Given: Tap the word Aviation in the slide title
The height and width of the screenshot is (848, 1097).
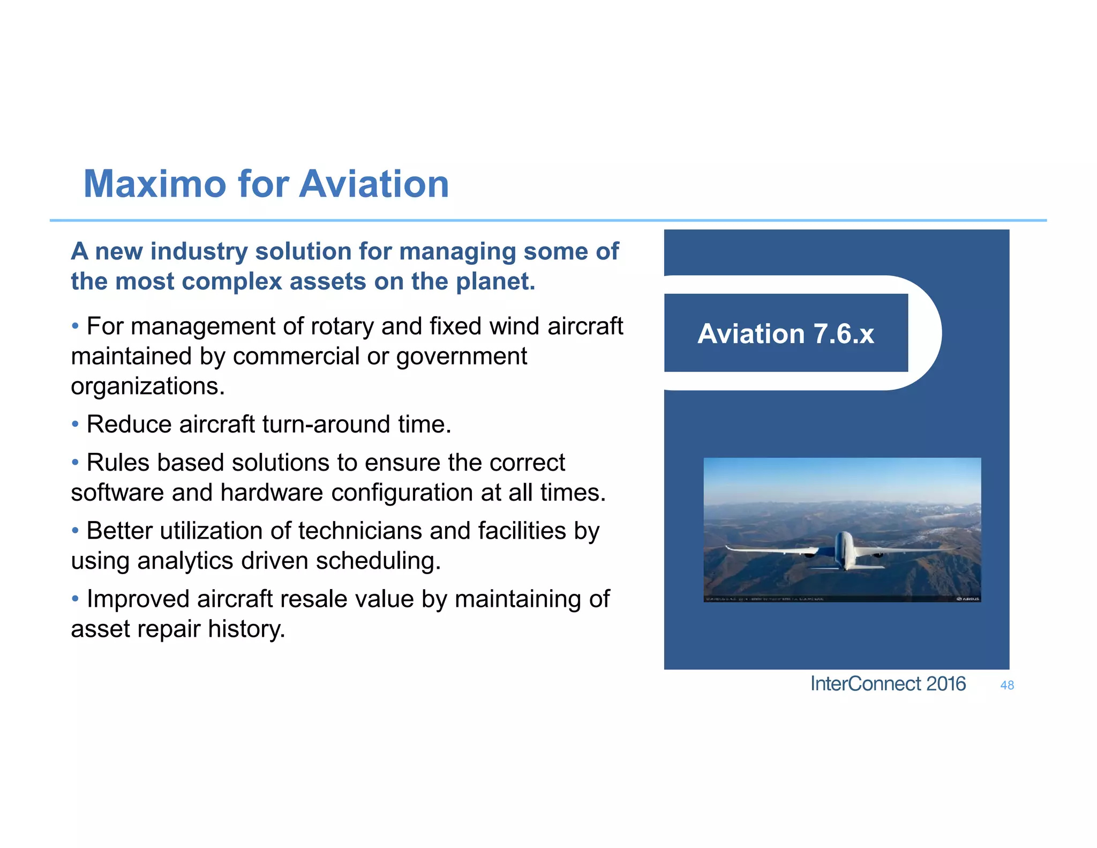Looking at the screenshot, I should (x=373, y=184).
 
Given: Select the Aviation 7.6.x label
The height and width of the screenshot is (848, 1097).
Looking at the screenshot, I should (x=785, y=333).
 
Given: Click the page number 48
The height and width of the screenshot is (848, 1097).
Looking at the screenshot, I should (x=1007, y=685).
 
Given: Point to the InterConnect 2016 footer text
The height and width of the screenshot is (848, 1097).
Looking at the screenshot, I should (x=888, y=684).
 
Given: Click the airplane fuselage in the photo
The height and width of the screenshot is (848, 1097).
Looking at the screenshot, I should (x=844, y=549).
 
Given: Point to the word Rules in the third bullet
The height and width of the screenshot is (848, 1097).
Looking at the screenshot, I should (x=117, y=463).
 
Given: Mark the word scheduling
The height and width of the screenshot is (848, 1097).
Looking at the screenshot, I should (x=378, y=561).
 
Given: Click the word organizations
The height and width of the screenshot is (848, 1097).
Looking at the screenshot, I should (x=147, y=386).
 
